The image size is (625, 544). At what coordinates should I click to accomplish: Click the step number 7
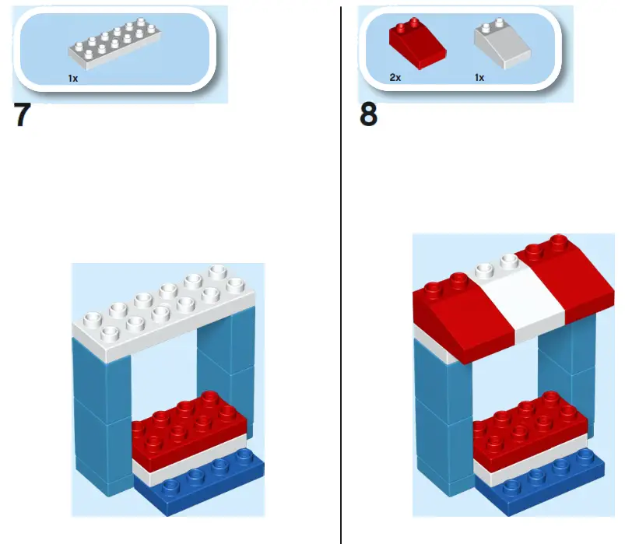(x=24, y=116)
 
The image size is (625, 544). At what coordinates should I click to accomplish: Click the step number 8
(x=369, y=115)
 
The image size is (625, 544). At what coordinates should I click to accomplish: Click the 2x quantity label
(x=395, y=78)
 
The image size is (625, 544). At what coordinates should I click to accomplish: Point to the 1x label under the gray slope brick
(x=479, y=78)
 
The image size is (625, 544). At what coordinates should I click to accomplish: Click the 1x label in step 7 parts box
(x=72, y=79)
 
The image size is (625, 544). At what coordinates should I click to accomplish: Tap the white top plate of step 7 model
(x=163, y=315)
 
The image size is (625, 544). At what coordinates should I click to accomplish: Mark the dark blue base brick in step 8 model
(x=545, y=483)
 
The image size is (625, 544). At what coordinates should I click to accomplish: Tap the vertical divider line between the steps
(x=341, y=311)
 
